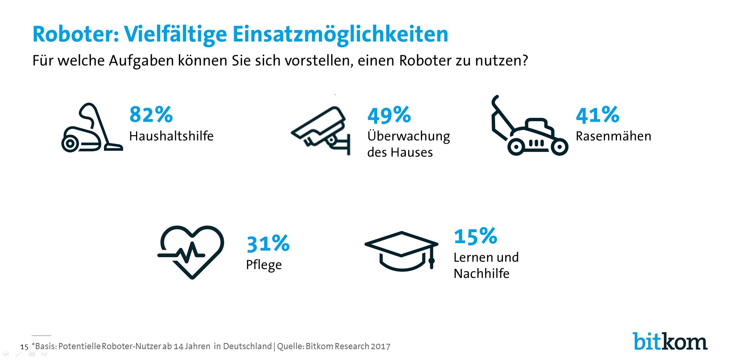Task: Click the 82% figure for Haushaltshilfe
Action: tap(151, 115)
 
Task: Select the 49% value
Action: tap(389, 115)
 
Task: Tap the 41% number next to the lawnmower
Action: tap(597, 115)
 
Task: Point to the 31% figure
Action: tap(268, 244)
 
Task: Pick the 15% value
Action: tap(475, 236)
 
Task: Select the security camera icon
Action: tap(321, 130)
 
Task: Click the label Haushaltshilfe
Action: tap(171, 136)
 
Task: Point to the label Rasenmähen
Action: tap(613, 136)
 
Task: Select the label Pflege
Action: tap(264, 265)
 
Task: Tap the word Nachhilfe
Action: tap(481, 273)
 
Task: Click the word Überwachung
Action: tap(409, 136)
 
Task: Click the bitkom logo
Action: tap(670, 341)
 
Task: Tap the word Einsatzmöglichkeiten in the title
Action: tap(340, 35)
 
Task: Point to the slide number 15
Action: tap(24, 347)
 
